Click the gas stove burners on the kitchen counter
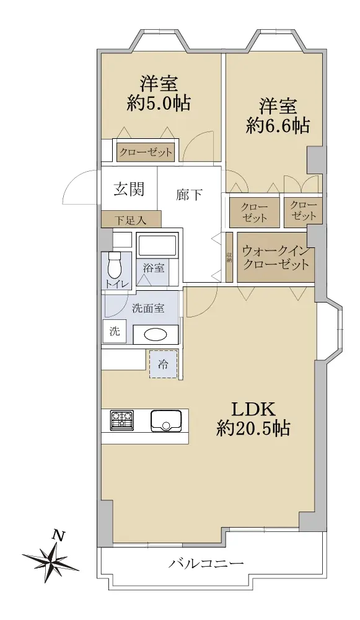tap(122, 420)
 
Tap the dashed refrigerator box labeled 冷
tap(164, 364)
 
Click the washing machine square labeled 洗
tap(115, 331)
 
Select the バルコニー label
tap(206, 563)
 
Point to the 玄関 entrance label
tap(130, 189)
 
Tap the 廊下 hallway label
tap(189, 194)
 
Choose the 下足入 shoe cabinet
tap(131, 219)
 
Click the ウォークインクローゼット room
tap(276, 257)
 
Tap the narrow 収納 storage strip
tap(229, 257)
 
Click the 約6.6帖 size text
tap(278, 126)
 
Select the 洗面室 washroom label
tap(148, 309)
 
